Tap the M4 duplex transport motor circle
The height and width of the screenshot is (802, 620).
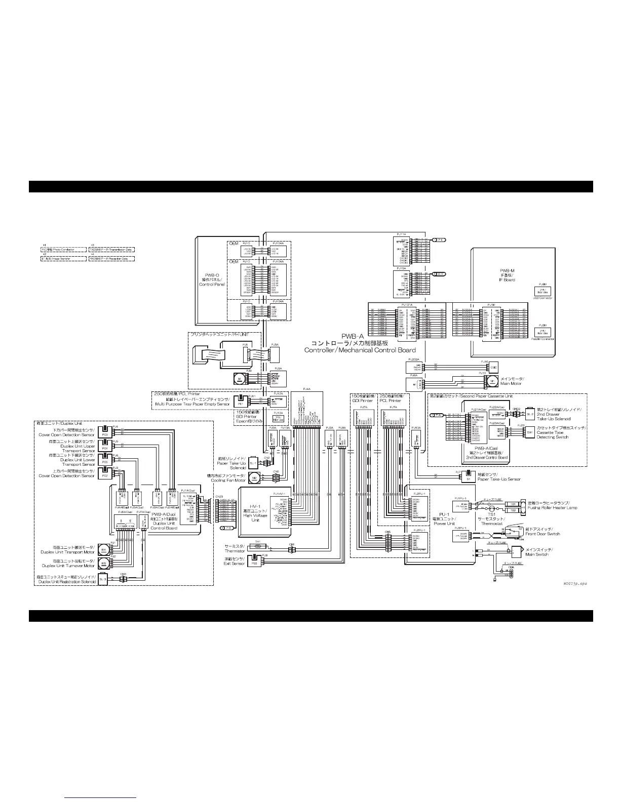point(103,550)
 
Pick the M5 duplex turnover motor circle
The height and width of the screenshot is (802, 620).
point(103,564)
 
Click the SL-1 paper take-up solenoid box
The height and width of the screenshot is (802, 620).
point(254,463)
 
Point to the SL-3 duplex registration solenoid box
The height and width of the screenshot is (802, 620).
point(103,579)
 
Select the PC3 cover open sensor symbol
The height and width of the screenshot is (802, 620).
point(105,434)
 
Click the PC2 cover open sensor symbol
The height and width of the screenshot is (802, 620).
point(105,475)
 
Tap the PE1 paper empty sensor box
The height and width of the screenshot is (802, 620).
point(241,403)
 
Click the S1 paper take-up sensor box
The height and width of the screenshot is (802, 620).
point(469,478)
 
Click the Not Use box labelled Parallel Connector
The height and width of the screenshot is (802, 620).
point(542,332)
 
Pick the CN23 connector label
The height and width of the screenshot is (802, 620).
point(219,496)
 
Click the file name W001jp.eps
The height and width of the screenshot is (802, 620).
point(575,584)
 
